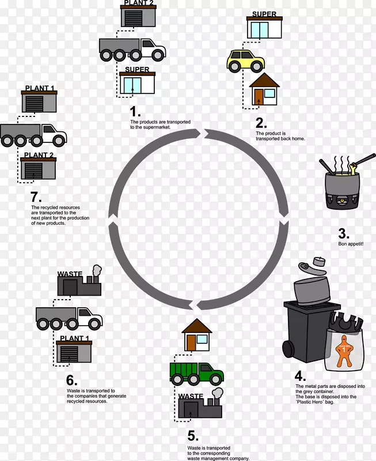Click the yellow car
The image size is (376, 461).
coord(245,61)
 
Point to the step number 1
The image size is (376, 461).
coord(135,112)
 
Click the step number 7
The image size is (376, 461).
coord(36,197)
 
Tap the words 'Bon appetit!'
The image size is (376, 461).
coord(351,244)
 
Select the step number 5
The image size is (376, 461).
coord(193,436)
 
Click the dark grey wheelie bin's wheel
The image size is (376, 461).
coord(288,349)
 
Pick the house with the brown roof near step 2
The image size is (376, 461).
coord(264,89)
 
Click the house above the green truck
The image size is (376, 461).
coord(197,335)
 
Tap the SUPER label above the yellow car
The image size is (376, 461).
coord(264,14)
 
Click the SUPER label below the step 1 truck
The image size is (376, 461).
coord(137,69)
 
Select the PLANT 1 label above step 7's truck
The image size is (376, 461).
coord(39,88)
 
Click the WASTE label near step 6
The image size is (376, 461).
coord(70,274)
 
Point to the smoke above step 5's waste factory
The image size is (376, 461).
coord(218,393)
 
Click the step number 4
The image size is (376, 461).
coord(300,376)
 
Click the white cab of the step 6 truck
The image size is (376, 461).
coord(90,318)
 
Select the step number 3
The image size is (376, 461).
coord(344,233)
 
